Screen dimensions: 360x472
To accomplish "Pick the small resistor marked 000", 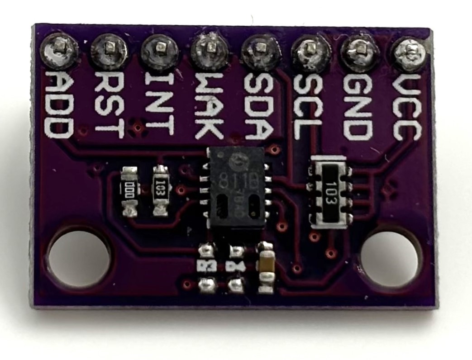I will pyautogui.click(x=130, y=190).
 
